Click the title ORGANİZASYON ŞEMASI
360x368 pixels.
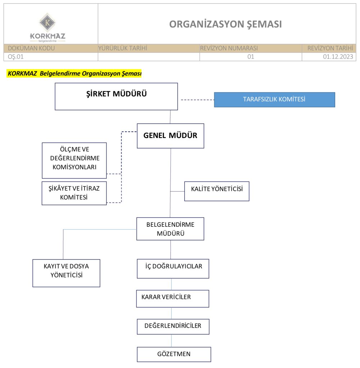pos(225,24)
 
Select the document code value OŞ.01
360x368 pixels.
pos(16,57)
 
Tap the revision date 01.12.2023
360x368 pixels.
pos(338,57)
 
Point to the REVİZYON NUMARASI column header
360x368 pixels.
pos(229,48)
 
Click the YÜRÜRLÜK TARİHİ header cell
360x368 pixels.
pos(123,48)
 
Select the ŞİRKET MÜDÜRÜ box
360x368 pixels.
pos(116,96)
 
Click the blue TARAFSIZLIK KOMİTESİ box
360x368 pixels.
pos(274,100)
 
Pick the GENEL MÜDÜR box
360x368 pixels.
pos(170,136)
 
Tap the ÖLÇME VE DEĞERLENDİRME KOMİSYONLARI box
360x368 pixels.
pos(74,160)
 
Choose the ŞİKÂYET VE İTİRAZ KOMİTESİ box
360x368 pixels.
pos(74,193)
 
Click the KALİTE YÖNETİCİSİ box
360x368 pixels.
pos(217,191)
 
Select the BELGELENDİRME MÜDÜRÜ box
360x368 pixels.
pos(170,229)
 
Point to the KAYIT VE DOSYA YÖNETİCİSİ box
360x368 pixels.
pos(66,273)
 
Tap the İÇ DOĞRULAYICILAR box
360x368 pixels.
pos(173,268)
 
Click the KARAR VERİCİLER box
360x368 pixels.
pos(172,298)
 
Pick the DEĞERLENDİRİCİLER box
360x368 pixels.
pos(173,326)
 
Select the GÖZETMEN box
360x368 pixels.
pos(174,354)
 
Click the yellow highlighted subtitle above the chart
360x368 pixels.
pos(74,74)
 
